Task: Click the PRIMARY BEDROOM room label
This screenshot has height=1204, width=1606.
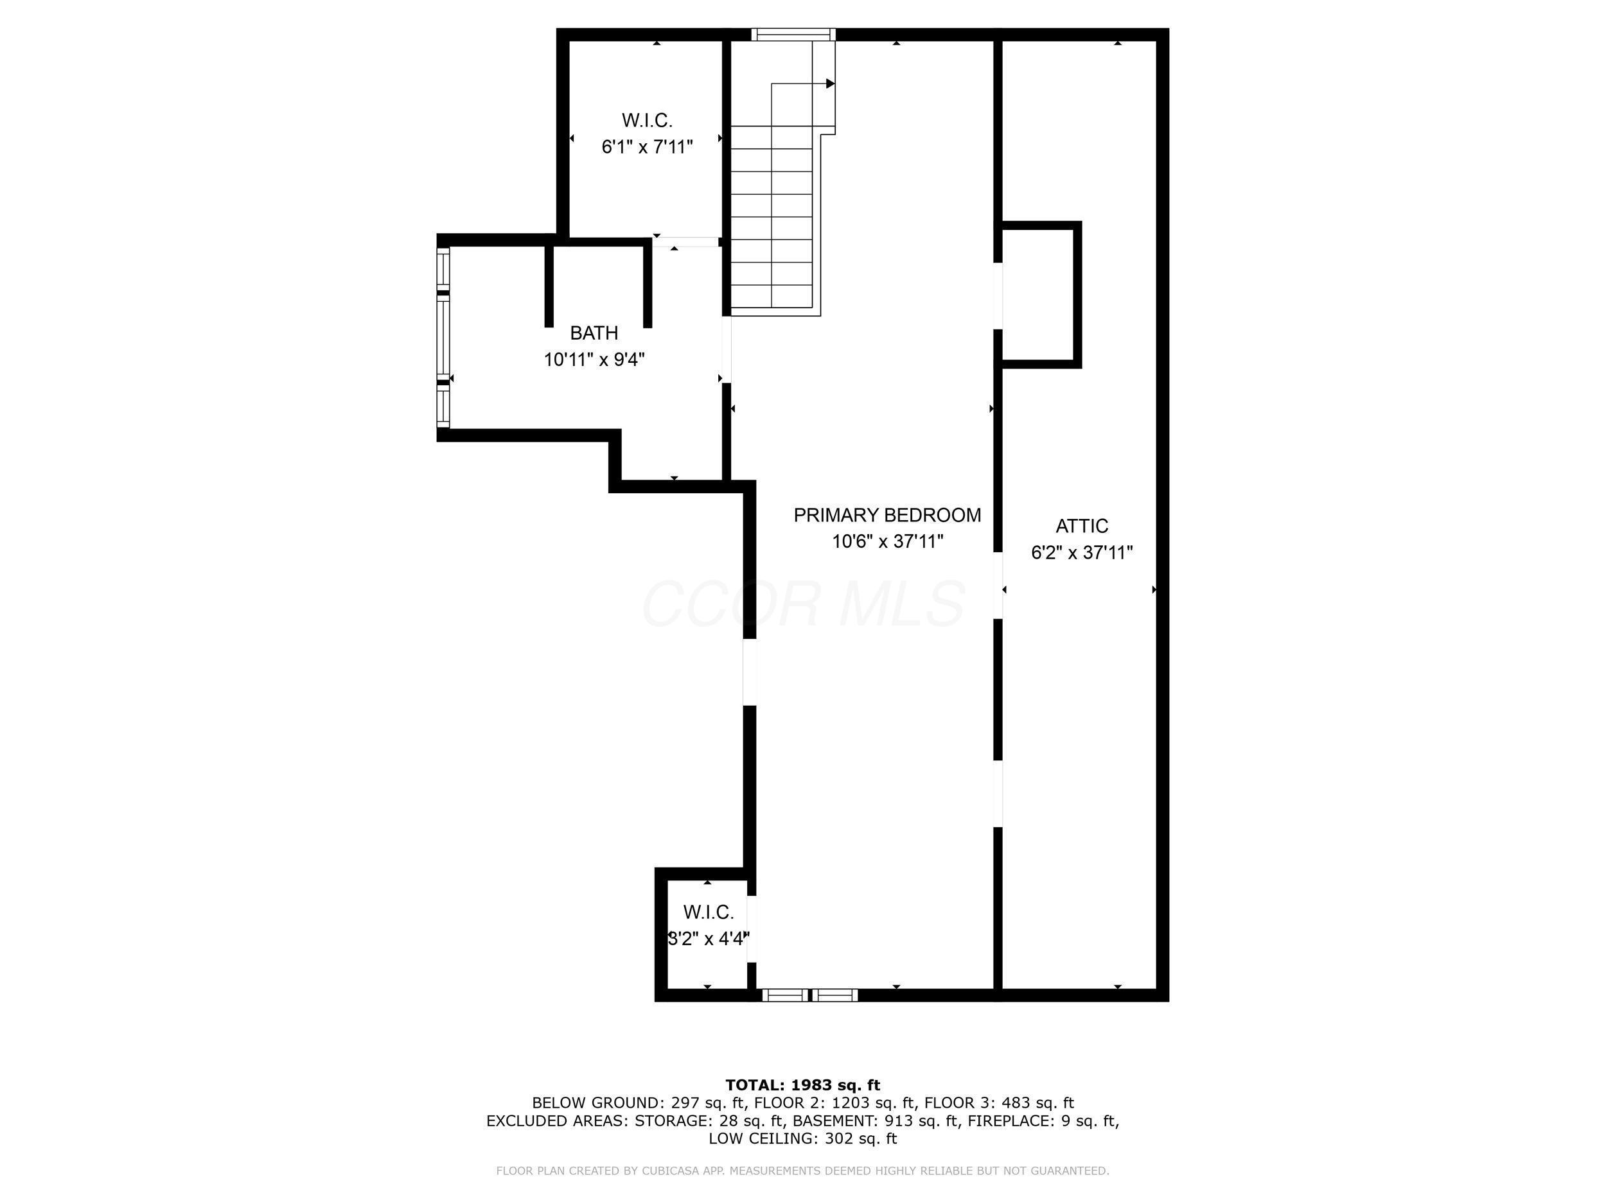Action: (x=887, y=515)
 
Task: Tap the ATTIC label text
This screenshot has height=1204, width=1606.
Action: (x=1082, y=526)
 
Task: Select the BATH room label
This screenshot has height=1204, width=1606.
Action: (x=594, y=333)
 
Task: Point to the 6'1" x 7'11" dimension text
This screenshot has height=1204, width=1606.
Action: (x=647, y=147)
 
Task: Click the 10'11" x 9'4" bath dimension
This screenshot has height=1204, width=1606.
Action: (x=595, y=359)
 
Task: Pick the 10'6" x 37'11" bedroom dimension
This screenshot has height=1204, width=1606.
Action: (x=887, y=541)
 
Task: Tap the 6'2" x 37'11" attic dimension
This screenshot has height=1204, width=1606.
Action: (x=1082, y=553)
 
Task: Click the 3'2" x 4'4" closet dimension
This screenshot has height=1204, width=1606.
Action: (x=708, y=939)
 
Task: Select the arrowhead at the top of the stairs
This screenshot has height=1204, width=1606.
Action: (x=831, y=83)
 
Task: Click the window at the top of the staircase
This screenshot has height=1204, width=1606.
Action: (x=793, y=34)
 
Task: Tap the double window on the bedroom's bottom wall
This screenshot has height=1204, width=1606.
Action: (x=809, y=995)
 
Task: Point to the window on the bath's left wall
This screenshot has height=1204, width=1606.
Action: (x=443, y=338)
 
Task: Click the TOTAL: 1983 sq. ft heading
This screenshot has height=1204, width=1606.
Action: (x=803, y=1085)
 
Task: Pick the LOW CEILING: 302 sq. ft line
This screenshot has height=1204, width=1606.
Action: (x=803, y=1139)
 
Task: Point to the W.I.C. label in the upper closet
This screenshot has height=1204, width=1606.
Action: (x=647, y=121)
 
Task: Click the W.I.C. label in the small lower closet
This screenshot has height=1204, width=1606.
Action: (x=708, y=912)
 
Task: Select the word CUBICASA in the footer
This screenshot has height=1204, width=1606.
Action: (x=674, y=1171)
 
